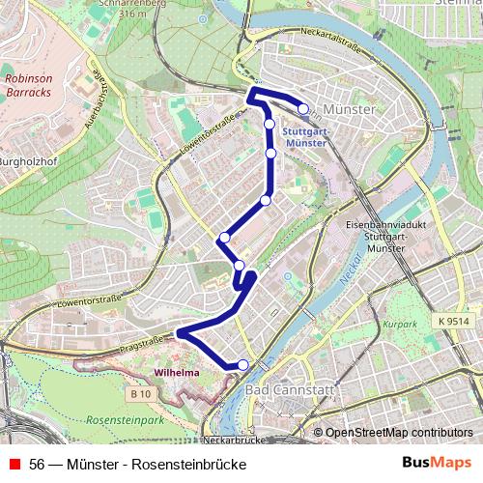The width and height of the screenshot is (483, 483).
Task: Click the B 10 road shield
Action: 141,393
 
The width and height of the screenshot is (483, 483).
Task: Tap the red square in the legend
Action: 14,465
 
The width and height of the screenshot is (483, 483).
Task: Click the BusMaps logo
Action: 436,464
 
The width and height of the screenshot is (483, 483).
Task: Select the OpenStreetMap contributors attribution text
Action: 398,432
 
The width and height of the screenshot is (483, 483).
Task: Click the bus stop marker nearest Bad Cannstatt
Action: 243,364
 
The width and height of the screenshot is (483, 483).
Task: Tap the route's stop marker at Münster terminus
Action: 303,110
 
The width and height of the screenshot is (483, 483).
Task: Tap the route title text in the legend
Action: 138,465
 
